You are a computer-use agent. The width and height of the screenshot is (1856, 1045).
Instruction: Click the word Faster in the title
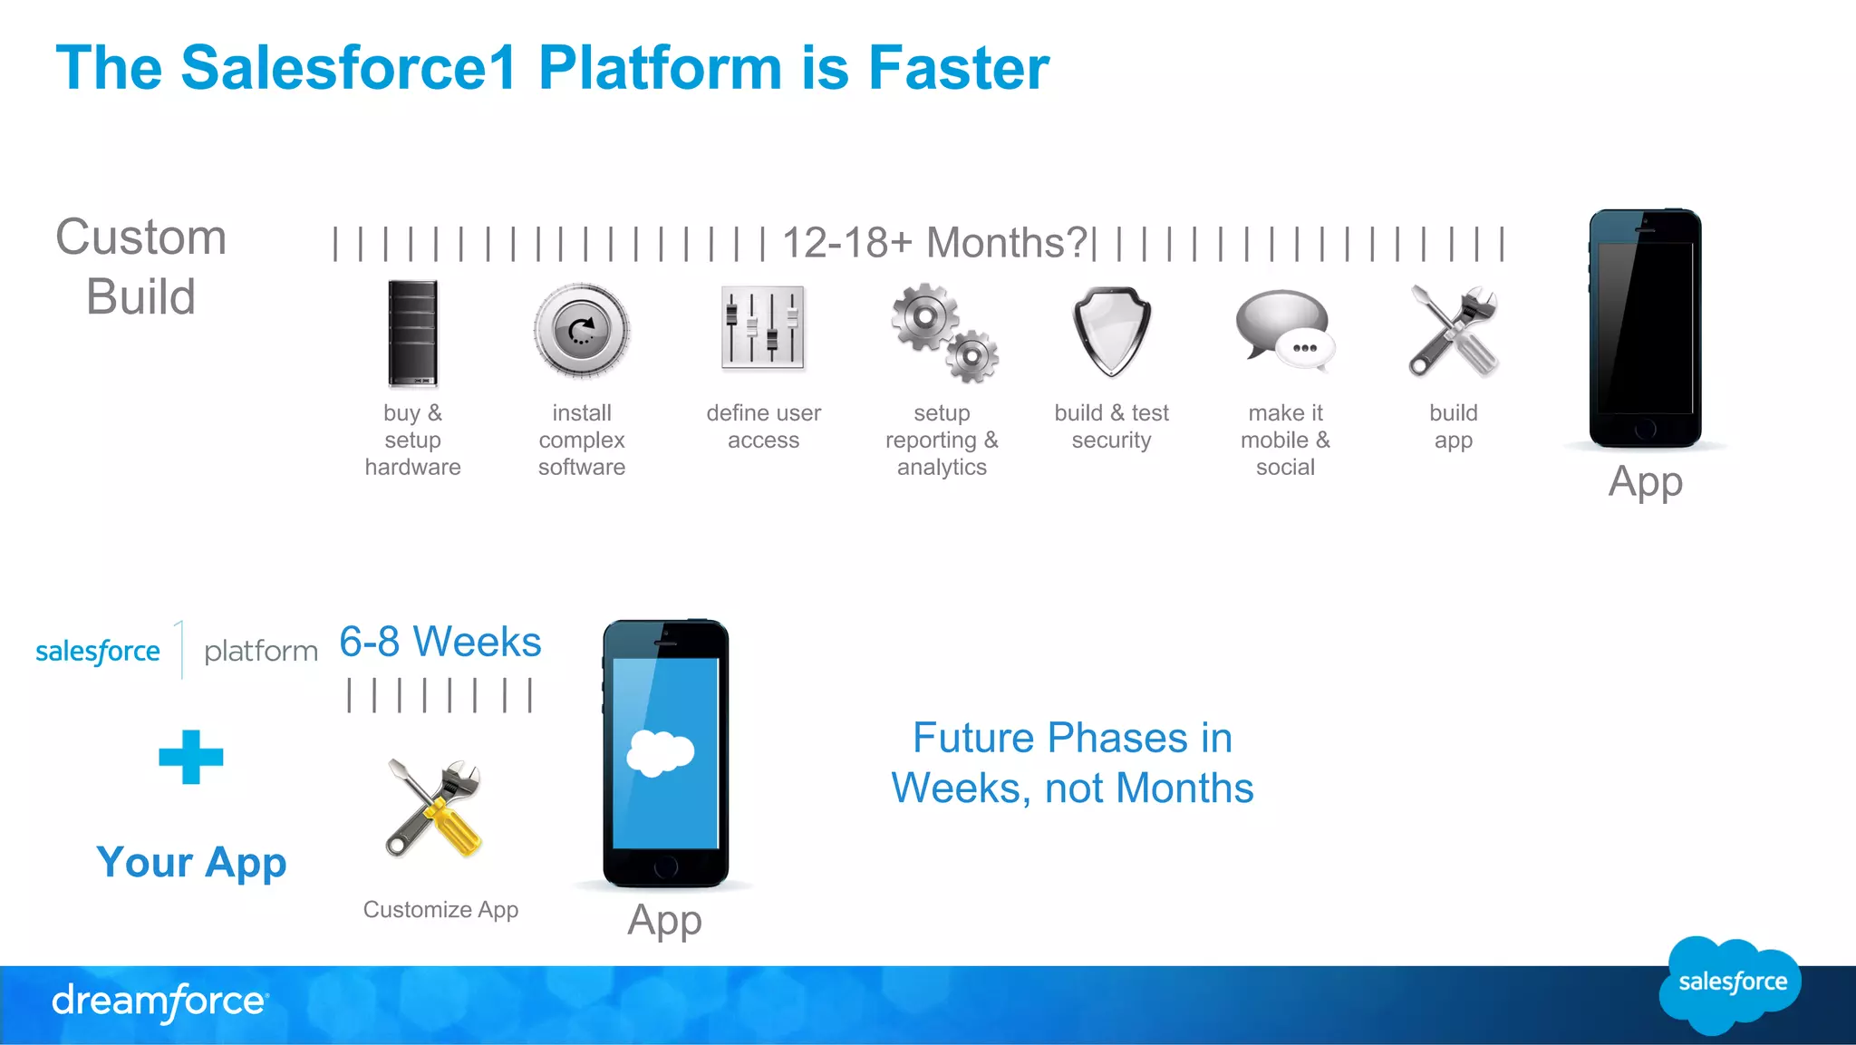pos(958,68)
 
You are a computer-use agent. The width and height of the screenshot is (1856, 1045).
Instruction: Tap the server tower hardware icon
pos(412,333)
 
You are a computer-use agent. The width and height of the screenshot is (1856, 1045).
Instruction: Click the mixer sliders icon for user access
pos(763,328)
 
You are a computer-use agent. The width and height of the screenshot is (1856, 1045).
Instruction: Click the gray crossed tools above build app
pos(1453,331)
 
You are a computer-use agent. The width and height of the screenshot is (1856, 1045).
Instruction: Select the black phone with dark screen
pos(1645,328)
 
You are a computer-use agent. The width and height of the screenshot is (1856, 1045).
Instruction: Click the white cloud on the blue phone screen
pos(661,752)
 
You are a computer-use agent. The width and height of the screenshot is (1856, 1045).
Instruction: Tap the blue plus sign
pos(190,757)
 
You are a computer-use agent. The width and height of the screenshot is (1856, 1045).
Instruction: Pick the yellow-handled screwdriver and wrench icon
pos(434,808)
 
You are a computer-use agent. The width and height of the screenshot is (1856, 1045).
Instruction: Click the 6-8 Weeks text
pos(440,642)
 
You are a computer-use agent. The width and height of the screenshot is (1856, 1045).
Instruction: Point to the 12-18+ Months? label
pos(934,243)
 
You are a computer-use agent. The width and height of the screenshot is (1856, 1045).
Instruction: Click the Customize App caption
pos(440,909)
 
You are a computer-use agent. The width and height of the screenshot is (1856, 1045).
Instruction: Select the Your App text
pos(191,862)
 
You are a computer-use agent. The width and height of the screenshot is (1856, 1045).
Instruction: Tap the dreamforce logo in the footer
pos(159,1001)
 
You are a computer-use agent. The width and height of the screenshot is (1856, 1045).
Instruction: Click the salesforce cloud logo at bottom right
pos(1730,984)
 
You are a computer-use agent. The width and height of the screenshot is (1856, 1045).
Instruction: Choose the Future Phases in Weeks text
pos(1072,762)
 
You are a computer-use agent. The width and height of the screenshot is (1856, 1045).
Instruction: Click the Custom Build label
pos(141,266)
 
